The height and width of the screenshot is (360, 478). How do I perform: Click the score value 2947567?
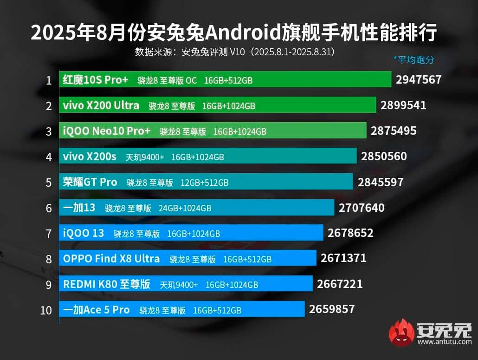418,80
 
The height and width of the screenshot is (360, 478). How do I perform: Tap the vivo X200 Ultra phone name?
101,105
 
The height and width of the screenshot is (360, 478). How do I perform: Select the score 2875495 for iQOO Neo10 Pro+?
394,131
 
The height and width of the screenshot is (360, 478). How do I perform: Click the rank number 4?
49,157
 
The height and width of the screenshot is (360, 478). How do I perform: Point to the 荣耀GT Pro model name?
90,182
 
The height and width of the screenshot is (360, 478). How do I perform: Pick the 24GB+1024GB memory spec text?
185,208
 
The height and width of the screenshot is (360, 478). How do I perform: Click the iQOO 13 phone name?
84,233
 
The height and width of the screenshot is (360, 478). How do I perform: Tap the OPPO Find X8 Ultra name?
111,259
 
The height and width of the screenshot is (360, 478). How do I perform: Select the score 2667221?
340,284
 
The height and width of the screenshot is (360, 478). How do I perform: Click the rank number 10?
46,310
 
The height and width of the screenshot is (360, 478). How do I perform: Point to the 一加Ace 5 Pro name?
96,310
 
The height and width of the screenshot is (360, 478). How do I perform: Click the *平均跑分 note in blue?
413,59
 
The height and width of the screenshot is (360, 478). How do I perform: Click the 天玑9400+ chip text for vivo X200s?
145,157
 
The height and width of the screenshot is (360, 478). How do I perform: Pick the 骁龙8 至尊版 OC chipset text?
167,80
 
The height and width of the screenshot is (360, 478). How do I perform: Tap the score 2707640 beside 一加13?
362,208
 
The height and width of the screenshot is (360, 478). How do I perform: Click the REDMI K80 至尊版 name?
107,284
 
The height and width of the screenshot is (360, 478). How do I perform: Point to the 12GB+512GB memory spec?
205,183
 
